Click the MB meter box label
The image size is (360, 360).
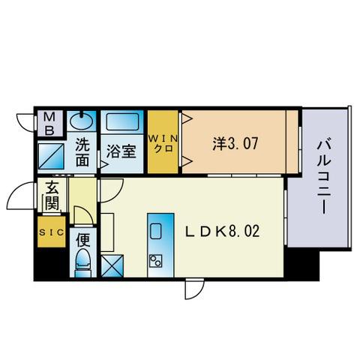pos(49,123)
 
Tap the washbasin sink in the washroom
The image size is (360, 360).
pos(80,120)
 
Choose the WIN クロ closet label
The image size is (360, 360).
pos(162,142)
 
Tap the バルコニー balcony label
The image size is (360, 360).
pos(324,177)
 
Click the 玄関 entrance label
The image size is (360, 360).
pos(51,196)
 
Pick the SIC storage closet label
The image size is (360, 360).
pos(50,232)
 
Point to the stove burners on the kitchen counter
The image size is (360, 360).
pos(157,260)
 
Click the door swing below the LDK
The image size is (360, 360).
pos(193,289)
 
